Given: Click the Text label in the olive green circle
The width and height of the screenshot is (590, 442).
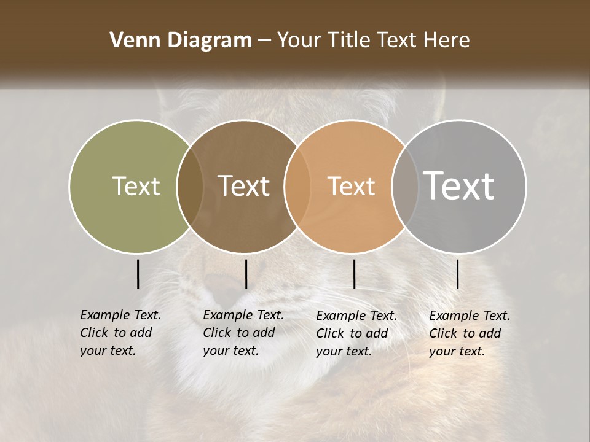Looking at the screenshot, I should [x=136, y=186].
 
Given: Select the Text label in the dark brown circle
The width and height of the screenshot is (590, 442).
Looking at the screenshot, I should [x=243, y=186].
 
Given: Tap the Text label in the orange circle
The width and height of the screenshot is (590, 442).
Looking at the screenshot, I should [x=351, y=186].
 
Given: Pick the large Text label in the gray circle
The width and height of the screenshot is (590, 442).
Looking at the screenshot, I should [x=459, y=186].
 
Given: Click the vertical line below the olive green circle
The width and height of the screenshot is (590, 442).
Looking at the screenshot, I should [x=138, y=274].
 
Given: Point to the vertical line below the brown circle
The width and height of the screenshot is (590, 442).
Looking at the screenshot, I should [x=246, y=274].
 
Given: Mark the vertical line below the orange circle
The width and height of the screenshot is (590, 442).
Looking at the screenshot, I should [x=354, y=274].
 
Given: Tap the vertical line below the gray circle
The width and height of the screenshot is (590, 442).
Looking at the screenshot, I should [x=457, y=274].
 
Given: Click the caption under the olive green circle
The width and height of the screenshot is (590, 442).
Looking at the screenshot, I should [x=120, y=333].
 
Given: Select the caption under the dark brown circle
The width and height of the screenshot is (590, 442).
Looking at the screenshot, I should [x=243, y=333].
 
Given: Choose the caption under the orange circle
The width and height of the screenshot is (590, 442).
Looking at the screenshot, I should [x=356, y=333].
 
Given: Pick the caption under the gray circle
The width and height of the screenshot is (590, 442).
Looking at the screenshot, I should [x=469, y=333].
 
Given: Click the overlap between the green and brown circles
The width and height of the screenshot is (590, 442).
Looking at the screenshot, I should [x=190, y=186].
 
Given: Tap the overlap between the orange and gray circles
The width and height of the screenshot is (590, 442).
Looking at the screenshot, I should [x=402, y=186].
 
